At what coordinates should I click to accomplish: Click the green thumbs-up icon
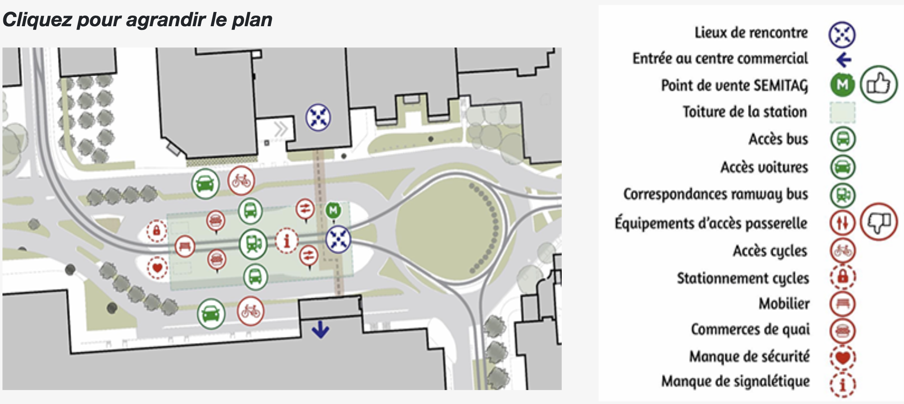pos(879,84)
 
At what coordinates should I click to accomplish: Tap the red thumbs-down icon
pos(879,222)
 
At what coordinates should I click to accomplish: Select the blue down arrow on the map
pos(320,329)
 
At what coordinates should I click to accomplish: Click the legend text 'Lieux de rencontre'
pos(751,33)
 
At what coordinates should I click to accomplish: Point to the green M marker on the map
pos(333,211)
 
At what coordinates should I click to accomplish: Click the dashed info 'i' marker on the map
pos(287,241)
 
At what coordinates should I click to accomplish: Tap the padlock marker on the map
pos(157,231)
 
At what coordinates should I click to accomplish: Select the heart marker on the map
pos(157,268)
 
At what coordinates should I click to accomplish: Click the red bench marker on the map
pos(185,246)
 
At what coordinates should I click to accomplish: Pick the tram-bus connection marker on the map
pos(253,244)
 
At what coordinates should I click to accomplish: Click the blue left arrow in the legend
pos(843,60)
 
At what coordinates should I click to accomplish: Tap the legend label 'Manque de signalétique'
pos(735,381)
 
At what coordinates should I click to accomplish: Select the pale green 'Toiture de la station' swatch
pos(842,112)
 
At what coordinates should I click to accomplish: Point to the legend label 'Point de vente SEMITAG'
pos(734,86)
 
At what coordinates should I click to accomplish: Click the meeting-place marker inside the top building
pos(318,117)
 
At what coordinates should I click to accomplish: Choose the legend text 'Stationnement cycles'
pos(743,278)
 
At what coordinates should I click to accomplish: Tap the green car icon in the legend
pos(843,167)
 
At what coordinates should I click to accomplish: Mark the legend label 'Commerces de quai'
pos(750,329)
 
